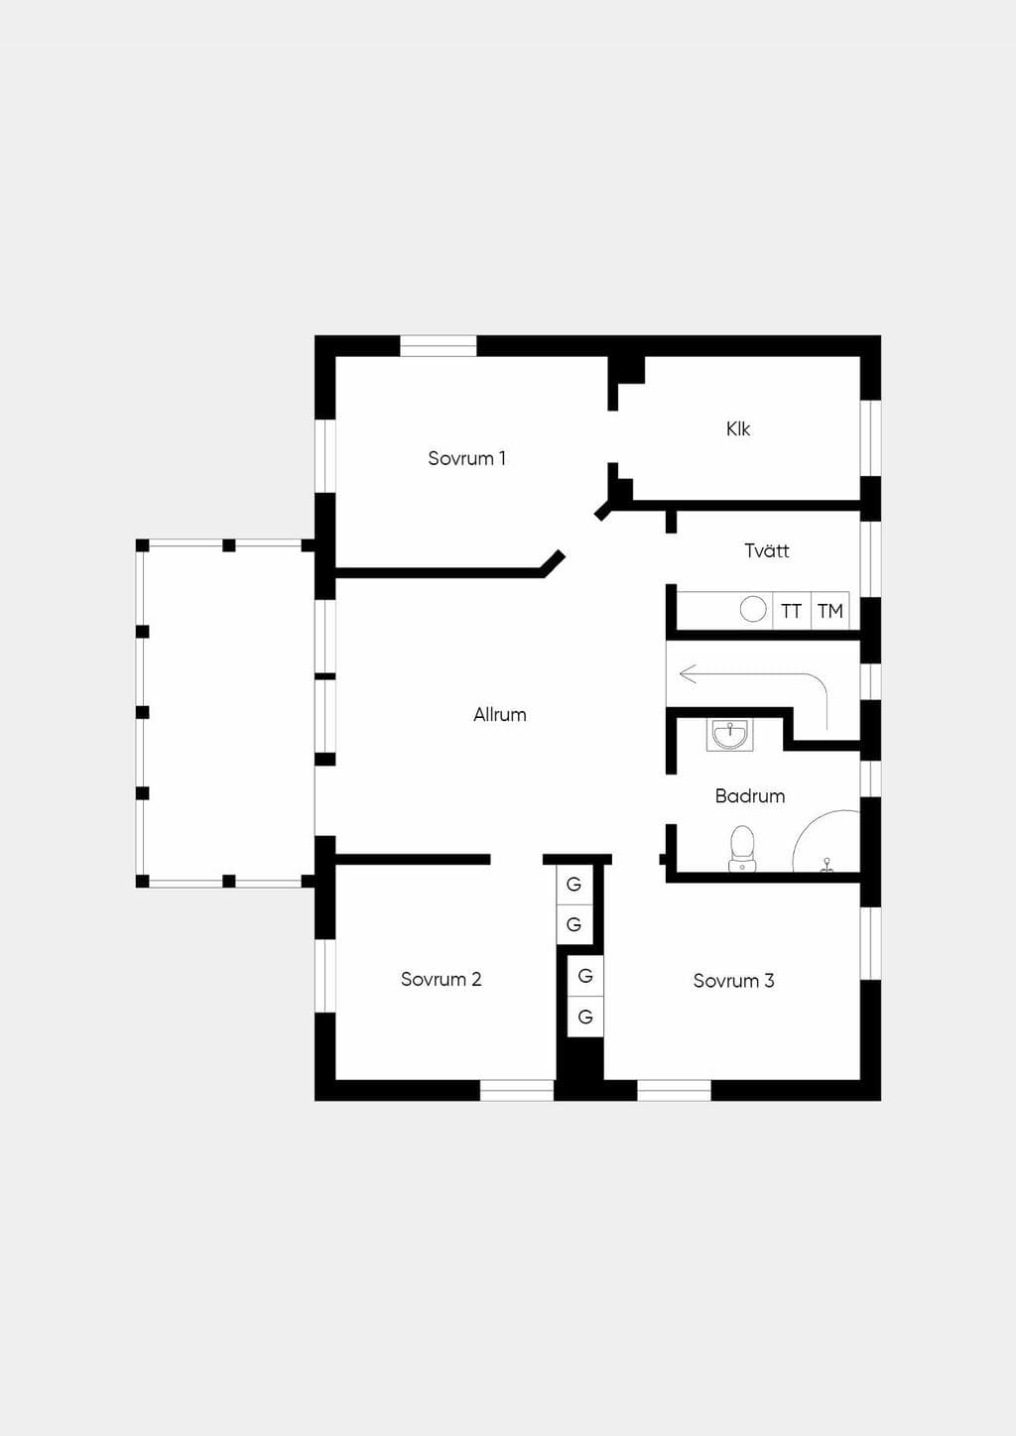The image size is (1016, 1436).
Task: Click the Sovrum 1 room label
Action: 467,458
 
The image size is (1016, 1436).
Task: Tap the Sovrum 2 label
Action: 442,979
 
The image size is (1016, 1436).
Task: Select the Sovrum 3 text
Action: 734,980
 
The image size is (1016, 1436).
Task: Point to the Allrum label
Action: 500,714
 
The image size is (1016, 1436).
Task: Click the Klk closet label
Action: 738,428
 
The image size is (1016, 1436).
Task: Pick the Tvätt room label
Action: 767,550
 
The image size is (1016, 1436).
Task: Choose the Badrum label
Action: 750,795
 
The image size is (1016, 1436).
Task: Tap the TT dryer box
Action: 792,610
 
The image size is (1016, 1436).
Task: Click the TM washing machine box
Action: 830,610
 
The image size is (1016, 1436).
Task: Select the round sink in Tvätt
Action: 753,609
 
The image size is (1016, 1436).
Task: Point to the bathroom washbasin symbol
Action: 730,735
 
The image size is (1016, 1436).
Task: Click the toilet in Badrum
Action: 742,848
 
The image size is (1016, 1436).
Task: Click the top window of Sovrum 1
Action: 439,345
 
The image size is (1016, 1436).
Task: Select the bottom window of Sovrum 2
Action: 517,1091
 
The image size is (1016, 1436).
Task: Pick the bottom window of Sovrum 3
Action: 674,1091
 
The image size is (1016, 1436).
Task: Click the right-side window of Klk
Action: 870,438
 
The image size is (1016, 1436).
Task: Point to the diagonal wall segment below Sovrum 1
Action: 554,563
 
